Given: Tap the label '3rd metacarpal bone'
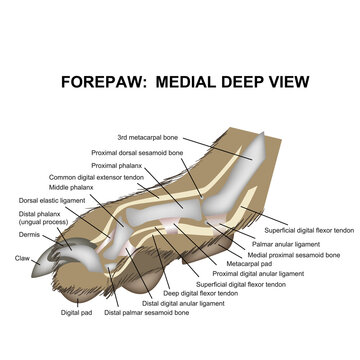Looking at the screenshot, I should (151, 137).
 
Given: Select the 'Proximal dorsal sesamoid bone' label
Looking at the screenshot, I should (137, 153).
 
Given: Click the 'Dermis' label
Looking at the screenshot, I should (29, 235).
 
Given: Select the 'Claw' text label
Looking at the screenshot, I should (22, 258).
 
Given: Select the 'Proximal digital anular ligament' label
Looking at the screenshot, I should (258, 273).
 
